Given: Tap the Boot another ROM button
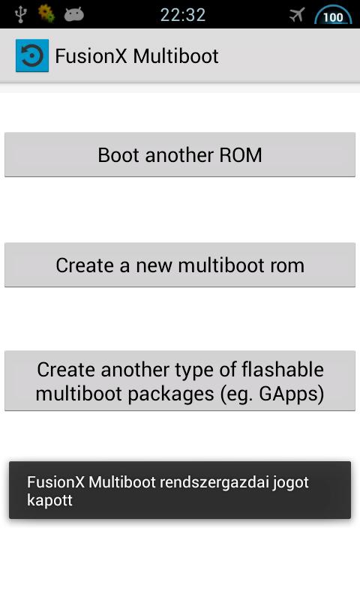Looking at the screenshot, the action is point(180,154).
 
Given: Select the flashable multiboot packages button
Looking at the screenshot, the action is point(180,381).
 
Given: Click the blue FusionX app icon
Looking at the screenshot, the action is point(32,55).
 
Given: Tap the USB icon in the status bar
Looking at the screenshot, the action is point(21,14).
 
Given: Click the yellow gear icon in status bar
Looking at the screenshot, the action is point(46,13).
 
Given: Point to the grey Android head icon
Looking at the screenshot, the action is point(73,15).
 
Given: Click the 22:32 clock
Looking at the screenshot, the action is point(183,15).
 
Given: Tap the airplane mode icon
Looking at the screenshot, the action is point(297,15).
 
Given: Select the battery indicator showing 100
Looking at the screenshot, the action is point(333,16).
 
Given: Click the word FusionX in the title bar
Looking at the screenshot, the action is point(91,56).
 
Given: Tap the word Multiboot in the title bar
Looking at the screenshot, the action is point(176,56).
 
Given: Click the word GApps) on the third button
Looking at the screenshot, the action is point(292,394).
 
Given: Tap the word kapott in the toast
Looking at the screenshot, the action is point(49,500).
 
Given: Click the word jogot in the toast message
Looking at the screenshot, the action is point(291,483).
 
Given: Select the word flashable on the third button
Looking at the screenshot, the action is point(283,370).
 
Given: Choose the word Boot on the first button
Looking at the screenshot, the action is point(118,155).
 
